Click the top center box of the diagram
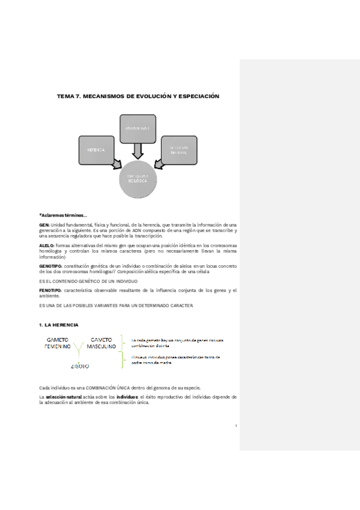click(138, 128)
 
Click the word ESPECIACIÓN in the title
click(192, 96)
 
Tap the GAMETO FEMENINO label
click(58, 343)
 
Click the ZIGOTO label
click(80, 366)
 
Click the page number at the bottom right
click(236, 425)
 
